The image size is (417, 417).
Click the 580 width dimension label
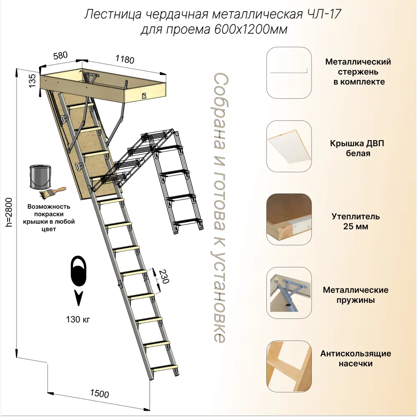coord(60,55)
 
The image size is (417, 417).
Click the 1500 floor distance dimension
coord(99,393)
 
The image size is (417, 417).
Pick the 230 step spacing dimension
coord(163,276)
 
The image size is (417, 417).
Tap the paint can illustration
coord(41,177)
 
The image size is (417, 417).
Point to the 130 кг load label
coord(78,320)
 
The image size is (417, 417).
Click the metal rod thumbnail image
coord(289,72)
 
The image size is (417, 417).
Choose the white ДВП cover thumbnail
coord(289,146)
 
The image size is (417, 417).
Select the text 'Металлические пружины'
coord(356,295)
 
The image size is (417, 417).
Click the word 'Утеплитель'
coord(356,216)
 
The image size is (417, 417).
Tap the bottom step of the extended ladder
coord(164,368)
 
